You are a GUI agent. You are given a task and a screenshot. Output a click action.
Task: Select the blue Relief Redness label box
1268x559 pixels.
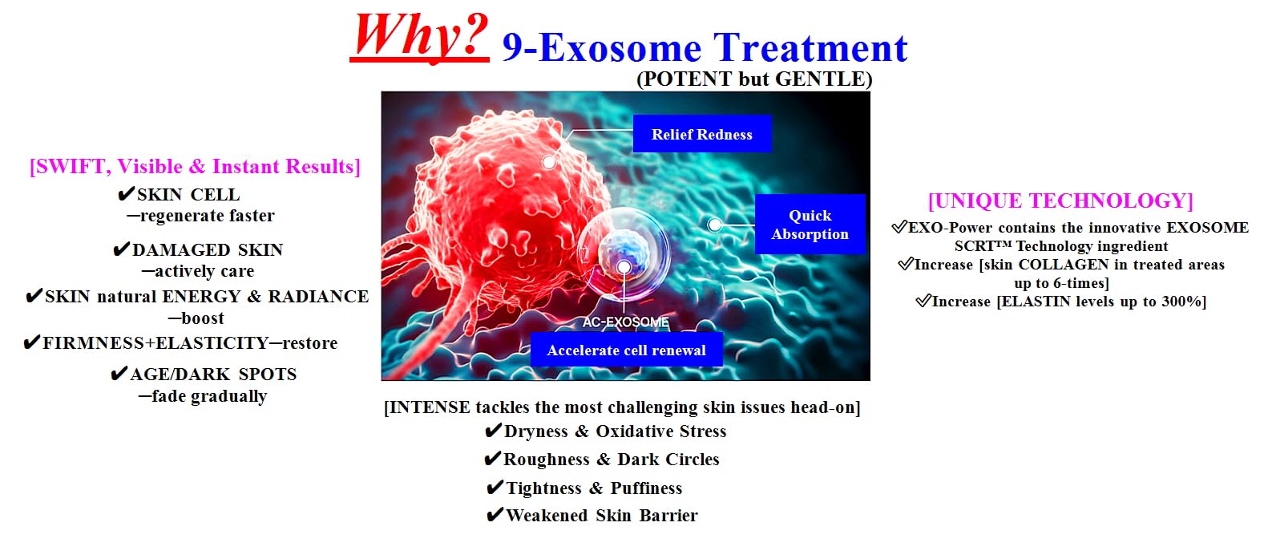pyautogui.click(x=702, y=134)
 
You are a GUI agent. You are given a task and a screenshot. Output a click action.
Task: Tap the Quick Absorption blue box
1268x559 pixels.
pyautogui.click(x=810, y=225)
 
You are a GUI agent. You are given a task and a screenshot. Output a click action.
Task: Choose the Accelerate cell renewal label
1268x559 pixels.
pyautogui.click(x=626, y=350)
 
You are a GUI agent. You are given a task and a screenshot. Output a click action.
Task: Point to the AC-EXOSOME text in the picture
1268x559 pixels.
pyautogui.click(x=625, y=322)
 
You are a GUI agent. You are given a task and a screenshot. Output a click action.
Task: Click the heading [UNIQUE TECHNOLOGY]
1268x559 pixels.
pyautogui.click(x=1060, y=201)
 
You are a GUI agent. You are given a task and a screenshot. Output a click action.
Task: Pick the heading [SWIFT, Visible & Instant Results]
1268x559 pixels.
pyautogui.click(x=195, y=167)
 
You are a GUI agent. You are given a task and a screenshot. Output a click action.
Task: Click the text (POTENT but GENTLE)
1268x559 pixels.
pyautogui.click(x=754, y=79)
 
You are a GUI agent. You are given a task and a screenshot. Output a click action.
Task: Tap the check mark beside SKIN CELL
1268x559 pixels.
pyautogui.click(x=126, y=194)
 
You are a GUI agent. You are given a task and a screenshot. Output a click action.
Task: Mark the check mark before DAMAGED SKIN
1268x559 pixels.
pyautogui.click(x=121, y=249)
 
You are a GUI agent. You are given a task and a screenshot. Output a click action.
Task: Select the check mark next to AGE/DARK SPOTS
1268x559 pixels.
pyautogui.click(x=119, y=373)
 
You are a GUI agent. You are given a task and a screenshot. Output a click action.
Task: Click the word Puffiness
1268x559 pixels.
pyautogui.click(x=646, y=488)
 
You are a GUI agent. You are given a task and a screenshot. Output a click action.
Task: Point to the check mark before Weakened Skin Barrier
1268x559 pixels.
pyautogui.click(x=495, y=514)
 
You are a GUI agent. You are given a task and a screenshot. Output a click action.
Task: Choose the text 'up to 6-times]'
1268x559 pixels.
pyautogui.click(x=1061, y=282)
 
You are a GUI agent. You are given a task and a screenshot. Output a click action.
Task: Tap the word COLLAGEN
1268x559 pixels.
pyautogui.click(x=1064, y=265)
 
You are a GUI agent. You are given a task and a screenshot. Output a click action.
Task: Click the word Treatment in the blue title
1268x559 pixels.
pyautogui.click(x=810, y=47)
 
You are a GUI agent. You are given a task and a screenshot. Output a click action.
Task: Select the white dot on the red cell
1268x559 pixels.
pyautogui.click(x=548, y=163)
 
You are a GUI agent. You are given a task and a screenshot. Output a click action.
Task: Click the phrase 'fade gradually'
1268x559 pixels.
pyautogui.click(x=209, y=396)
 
